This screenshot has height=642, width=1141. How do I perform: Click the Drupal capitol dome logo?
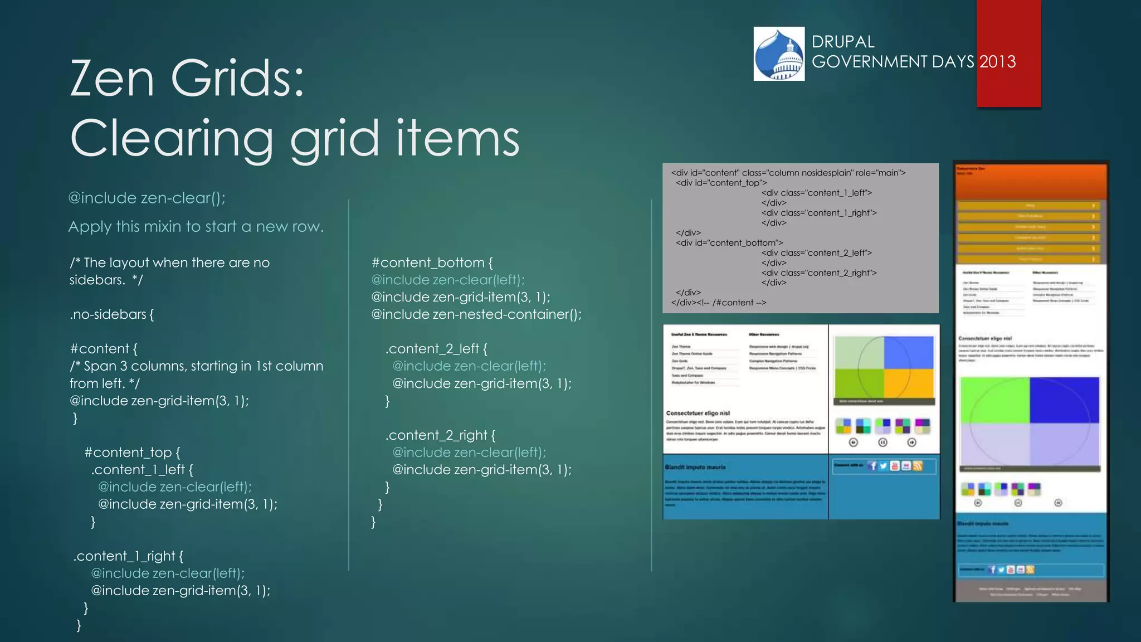click(779, 54)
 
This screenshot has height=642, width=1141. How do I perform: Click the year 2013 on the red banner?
click(997, 61)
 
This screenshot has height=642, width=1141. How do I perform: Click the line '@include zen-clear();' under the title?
click(147, 198)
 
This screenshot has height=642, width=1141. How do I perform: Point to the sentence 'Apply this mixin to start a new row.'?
click(196, 227)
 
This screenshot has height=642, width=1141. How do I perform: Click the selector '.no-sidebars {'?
click(112, 314)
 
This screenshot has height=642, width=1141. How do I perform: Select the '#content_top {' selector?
click(132, 452)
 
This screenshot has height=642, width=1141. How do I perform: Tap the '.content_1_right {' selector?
click(128, 556)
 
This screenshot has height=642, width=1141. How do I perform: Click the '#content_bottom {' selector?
click(432, 262)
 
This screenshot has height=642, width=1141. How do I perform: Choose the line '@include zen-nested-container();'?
click(476, 314)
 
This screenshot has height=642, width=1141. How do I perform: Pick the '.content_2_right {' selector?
click(440, 435)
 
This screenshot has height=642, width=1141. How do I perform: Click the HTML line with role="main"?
click(788, 173)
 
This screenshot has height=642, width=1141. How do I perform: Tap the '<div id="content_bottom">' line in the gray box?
click(729, 243)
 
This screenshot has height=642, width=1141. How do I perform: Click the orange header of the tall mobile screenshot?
click(1031, 181)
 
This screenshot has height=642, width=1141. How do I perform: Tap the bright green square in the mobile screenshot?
click(994, 400)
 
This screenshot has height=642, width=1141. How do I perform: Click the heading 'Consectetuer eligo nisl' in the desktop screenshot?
click(698, 413)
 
